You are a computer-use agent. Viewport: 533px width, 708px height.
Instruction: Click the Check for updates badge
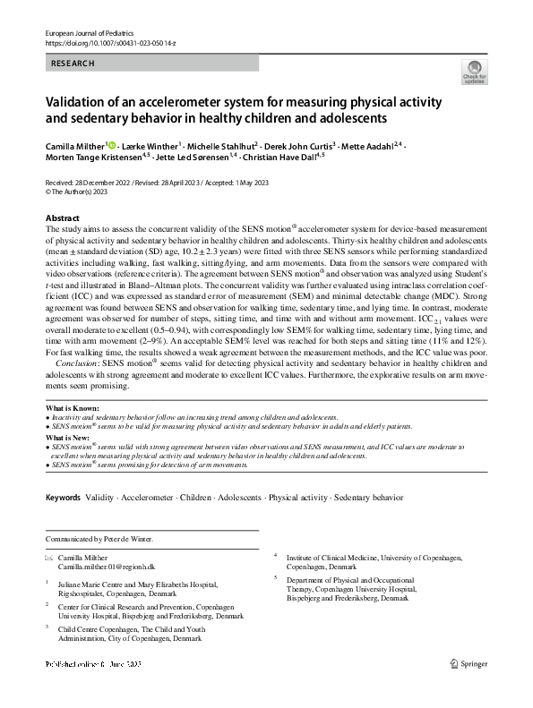[x=473, y=72]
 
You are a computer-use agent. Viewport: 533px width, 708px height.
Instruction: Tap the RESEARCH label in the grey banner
[x=73, y=64]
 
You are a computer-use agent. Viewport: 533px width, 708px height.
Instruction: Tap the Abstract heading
[x=62, y=218]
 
